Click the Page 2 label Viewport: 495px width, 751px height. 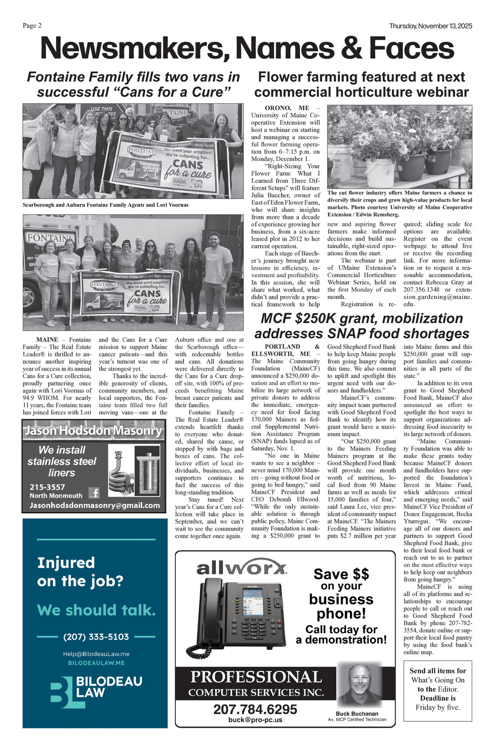[32, 26]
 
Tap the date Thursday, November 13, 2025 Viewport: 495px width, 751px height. [430, 26]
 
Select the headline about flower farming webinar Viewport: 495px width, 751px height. [361, 85]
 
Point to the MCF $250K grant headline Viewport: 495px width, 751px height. [361, 326]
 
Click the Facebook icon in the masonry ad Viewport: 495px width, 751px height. [94, 492]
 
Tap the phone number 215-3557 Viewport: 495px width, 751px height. [47, 487]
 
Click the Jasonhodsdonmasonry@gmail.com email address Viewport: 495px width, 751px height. [95, 505]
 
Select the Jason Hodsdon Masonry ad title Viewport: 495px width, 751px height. [94, 431]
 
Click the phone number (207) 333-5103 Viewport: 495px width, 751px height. [96, 637]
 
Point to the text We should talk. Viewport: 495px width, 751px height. [96, 610]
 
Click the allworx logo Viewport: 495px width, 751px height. [242, 568]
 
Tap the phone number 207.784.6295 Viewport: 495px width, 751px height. [255, 709]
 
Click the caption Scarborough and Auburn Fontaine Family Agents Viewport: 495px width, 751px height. [105, 204]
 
